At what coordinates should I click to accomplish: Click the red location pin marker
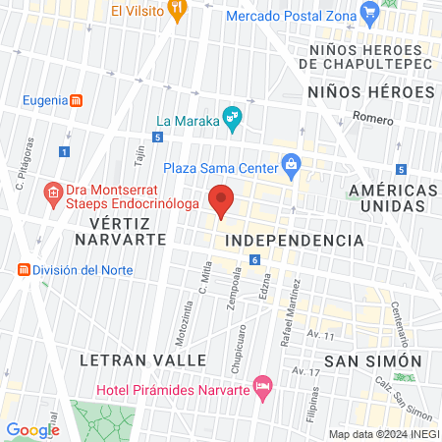coord(222,199)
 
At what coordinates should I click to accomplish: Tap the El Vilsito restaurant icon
coord(178,12)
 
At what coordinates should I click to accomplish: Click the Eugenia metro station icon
coord(76,100)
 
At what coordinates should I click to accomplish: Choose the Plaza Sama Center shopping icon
coord(290,167)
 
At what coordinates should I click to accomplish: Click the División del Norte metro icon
coord(22,270)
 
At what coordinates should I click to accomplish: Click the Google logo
coord(33,429)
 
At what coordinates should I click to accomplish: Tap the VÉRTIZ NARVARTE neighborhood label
coord(110,232)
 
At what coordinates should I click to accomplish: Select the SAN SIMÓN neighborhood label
coord(373,360)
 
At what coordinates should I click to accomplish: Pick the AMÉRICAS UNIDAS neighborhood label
coord(393,197)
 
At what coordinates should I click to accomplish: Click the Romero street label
coord(373,117)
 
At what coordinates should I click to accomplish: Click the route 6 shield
coord(253,259)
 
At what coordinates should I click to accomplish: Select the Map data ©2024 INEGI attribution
coord(383,434)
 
